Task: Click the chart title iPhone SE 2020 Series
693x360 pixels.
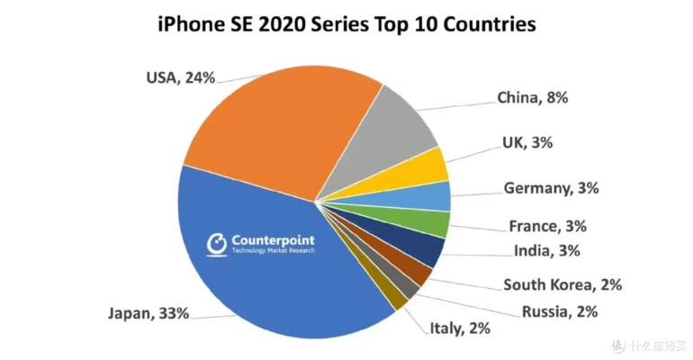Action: (x=346, y=24)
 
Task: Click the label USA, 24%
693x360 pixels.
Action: (x=180, y=77)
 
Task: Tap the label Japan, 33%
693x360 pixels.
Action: (x=148, y=313)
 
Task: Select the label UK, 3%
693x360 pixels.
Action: (x=533, y=142)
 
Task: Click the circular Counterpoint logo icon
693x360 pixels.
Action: (x=217, y=244)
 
